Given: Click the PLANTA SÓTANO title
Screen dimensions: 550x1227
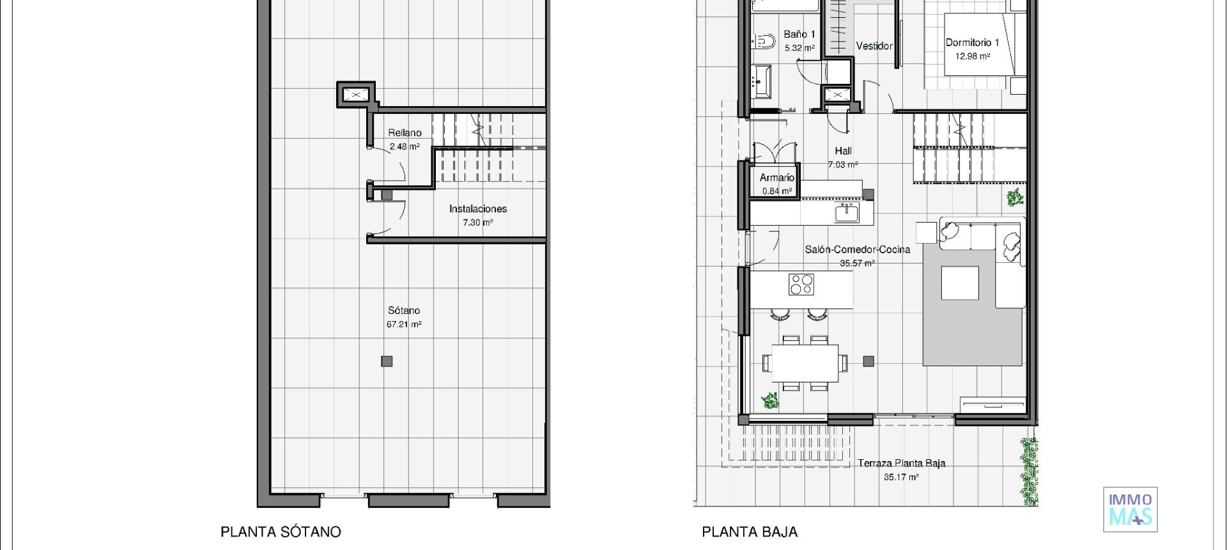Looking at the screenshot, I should (x=281, y=531).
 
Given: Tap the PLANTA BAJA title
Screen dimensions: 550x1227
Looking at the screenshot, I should (x=750, y=531).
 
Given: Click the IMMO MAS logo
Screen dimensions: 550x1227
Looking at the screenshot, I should (x=1130, y=509).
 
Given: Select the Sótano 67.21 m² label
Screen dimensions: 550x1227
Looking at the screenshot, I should (x=404, y=317).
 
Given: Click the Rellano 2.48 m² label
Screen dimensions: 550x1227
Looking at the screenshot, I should (x=405, y=139).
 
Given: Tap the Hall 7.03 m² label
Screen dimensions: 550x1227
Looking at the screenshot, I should (x=843, y=157).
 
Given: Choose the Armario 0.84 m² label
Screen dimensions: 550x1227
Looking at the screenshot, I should (x=777, y=184).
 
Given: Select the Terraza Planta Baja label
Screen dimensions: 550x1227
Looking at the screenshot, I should (x=901, y=469).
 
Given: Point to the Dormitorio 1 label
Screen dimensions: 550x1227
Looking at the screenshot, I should (x=972, y=49).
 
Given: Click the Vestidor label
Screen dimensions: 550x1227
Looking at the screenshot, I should (x=874, y=46).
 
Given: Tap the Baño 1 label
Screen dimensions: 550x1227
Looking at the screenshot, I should (x=799, y=40).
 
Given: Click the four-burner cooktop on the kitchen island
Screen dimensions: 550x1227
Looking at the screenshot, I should (x=801, y=284).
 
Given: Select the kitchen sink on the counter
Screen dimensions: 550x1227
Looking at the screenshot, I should (x=847, y=212).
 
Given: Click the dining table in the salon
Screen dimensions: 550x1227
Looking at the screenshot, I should (x=805, y=363).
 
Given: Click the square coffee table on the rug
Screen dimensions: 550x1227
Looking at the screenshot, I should (x=960, y=283).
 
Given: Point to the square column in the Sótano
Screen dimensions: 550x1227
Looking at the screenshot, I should (x=387, y=361).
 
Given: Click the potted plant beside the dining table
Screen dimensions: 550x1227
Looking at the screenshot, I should (x=770, y=401).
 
